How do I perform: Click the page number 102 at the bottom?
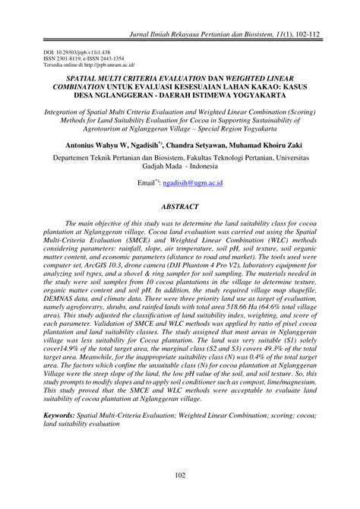180,476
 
